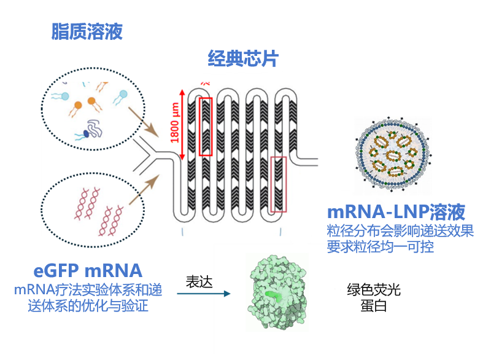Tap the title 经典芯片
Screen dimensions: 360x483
[243, 58]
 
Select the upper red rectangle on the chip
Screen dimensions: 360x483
[205, 127]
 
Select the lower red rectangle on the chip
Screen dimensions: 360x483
[278, 184]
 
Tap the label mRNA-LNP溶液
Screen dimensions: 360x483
[396, 213]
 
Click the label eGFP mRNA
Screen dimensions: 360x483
[88, 270]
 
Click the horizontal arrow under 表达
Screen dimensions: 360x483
[203, 294]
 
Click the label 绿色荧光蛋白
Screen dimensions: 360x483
[373, 297]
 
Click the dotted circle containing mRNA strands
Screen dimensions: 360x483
[93, 206]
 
